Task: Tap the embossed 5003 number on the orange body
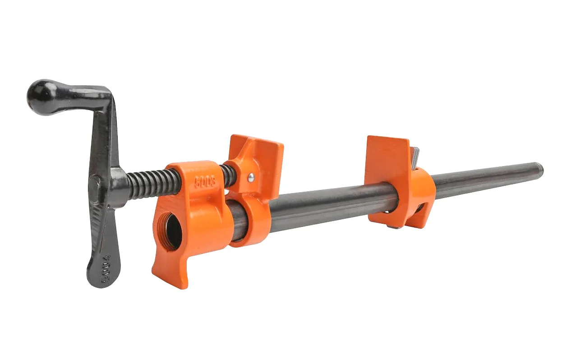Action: (206, 181)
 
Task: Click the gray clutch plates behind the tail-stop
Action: (415, 155)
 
